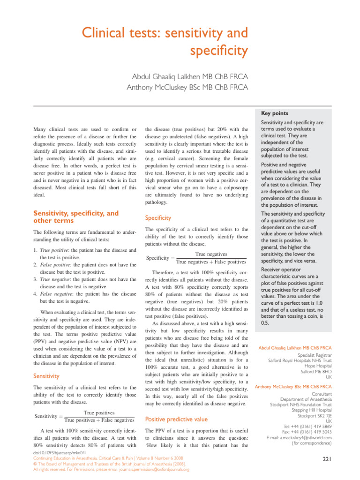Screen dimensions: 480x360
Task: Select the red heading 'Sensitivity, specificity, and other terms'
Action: click(75, 217)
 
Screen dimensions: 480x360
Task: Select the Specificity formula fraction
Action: click(210, 258)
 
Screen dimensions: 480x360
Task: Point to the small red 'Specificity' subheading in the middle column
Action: click(158, 218)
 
